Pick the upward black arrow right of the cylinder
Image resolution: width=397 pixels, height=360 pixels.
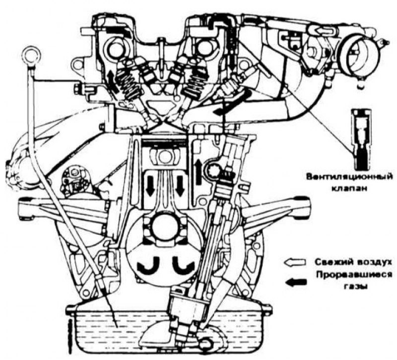coord(199,171)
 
